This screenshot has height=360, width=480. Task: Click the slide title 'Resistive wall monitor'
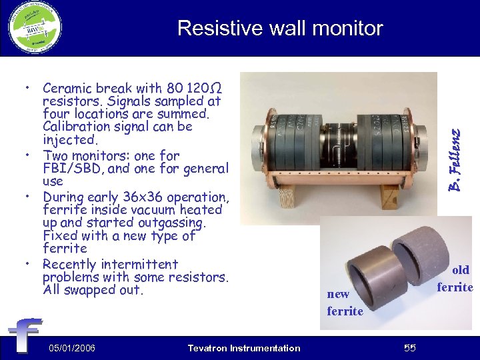point(280,28)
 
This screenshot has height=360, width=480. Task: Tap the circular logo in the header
point(35,27)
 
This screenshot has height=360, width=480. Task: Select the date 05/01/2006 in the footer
point(72,348)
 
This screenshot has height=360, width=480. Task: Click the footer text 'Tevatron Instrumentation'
point(244,348)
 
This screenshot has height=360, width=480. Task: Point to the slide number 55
point(409,348)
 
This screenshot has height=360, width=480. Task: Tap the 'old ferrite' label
point(456,279)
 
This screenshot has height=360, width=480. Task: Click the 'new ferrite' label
point(345,303)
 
